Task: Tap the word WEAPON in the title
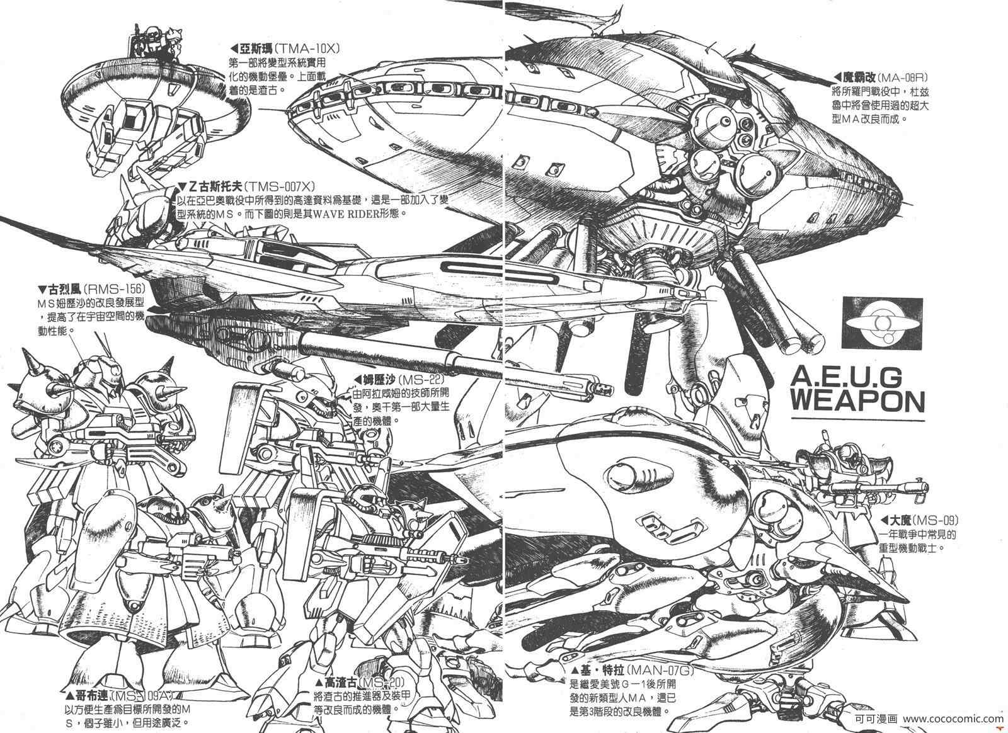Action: [x=857, y=401]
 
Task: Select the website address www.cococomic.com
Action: [x=954, y=719]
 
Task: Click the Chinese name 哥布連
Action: [x=86, y=696]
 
